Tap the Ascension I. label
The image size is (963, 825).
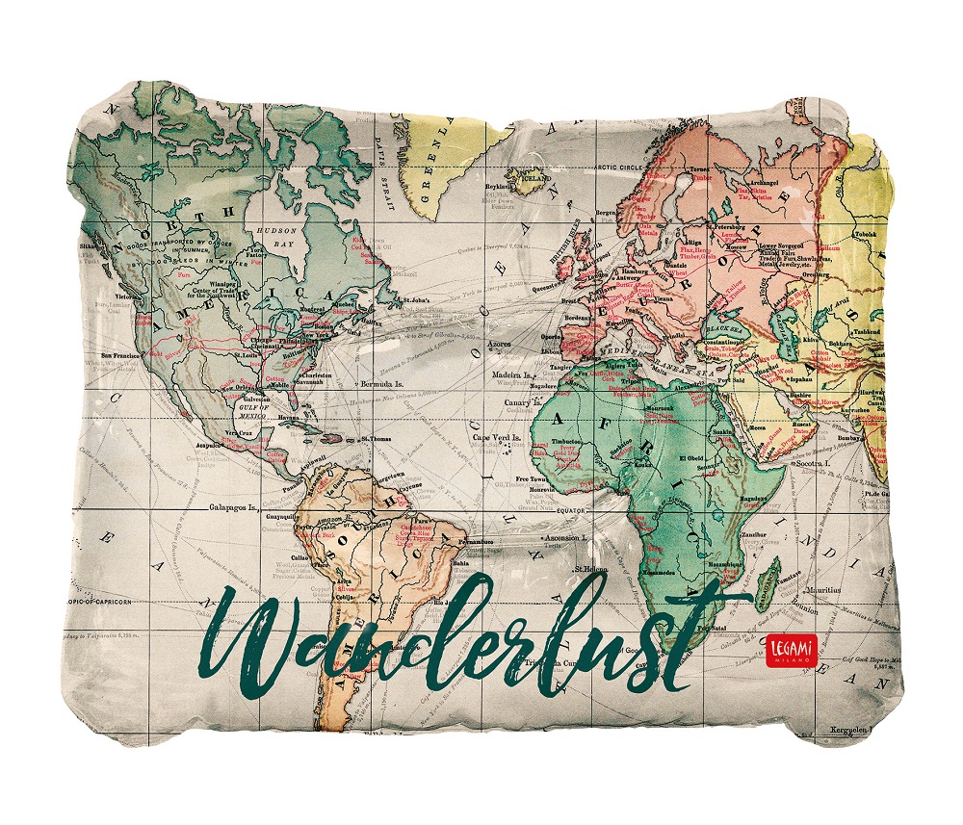click(x=567, y=537)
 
